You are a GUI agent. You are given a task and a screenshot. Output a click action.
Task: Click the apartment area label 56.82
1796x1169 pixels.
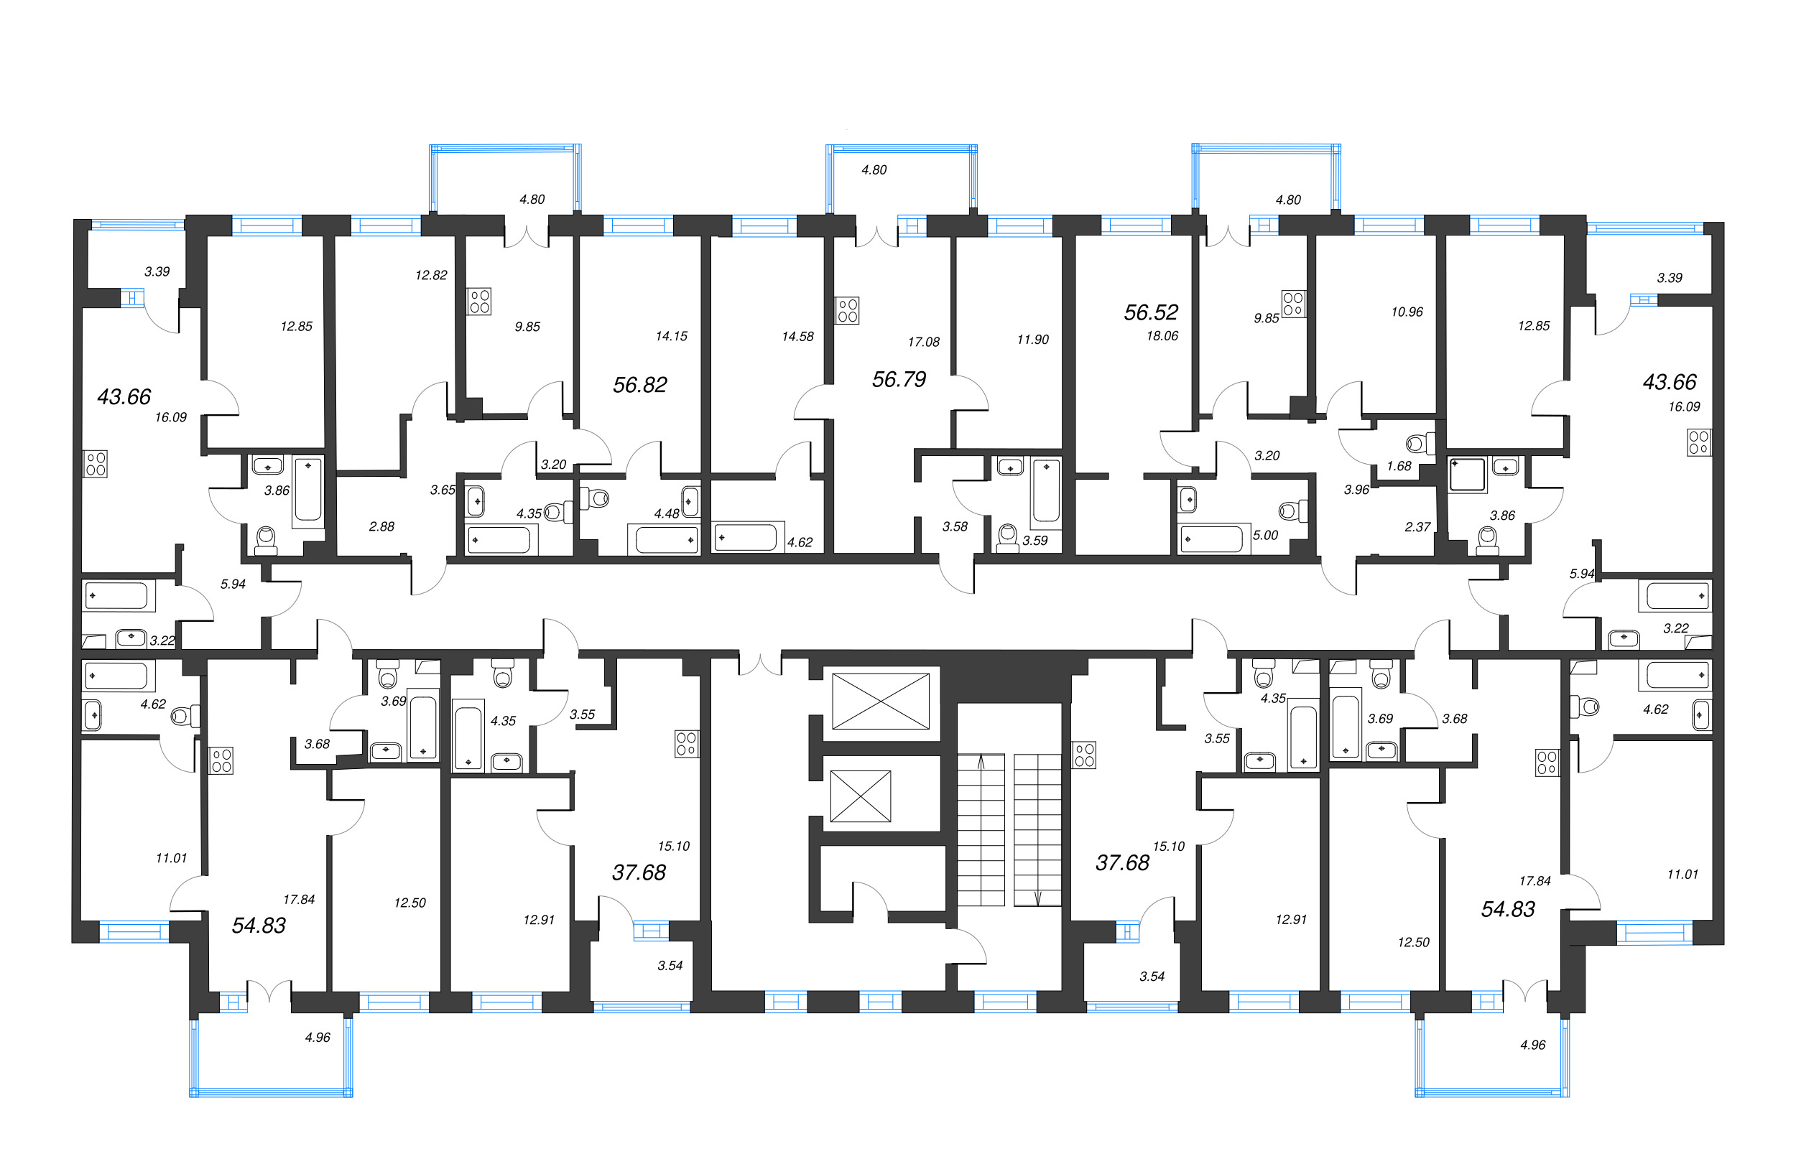point(640,386)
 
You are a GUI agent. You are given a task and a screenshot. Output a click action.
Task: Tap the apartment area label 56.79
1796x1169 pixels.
point(899,379)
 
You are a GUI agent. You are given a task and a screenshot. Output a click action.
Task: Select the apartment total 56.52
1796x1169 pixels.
point(1151,312)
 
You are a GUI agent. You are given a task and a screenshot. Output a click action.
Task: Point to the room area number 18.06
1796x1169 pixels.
point(1162,336)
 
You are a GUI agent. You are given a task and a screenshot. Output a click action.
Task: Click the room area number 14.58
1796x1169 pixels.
point(797,336)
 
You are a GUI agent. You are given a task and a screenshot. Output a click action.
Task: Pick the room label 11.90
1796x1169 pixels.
point(1032,340)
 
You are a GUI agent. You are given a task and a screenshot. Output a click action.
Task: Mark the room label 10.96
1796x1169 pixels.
point(1407,312)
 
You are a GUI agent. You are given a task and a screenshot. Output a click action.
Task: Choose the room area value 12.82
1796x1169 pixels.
point(431,275)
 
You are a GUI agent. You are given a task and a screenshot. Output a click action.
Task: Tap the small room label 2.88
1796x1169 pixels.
point(381,526)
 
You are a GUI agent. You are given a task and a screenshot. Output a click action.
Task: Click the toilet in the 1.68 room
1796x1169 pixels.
point(1420,444)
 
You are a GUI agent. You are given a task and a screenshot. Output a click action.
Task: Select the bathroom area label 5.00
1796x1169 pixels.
point(1266,536)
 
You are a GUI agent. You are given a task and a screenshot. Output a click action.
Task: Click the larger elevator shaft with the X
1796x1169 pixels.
point(880,702)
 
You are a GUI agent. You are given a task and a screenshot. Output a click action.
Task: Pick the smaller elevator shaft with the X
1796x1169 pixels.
point(860,796)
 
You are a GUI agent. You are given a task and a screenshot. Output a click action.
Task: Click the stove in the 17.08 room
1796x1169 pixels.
point(847,311)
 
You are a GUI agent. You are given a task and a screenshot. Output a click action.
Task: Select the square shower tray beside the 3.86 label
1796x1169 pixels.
point(1467,475)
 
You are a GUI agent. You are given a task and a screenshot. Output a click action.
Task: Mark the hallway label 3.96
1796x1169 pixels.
point(1356,490)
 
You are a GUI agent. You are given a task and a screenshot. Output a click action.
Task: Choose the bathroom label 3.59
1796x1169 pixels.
point(1034,541)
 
